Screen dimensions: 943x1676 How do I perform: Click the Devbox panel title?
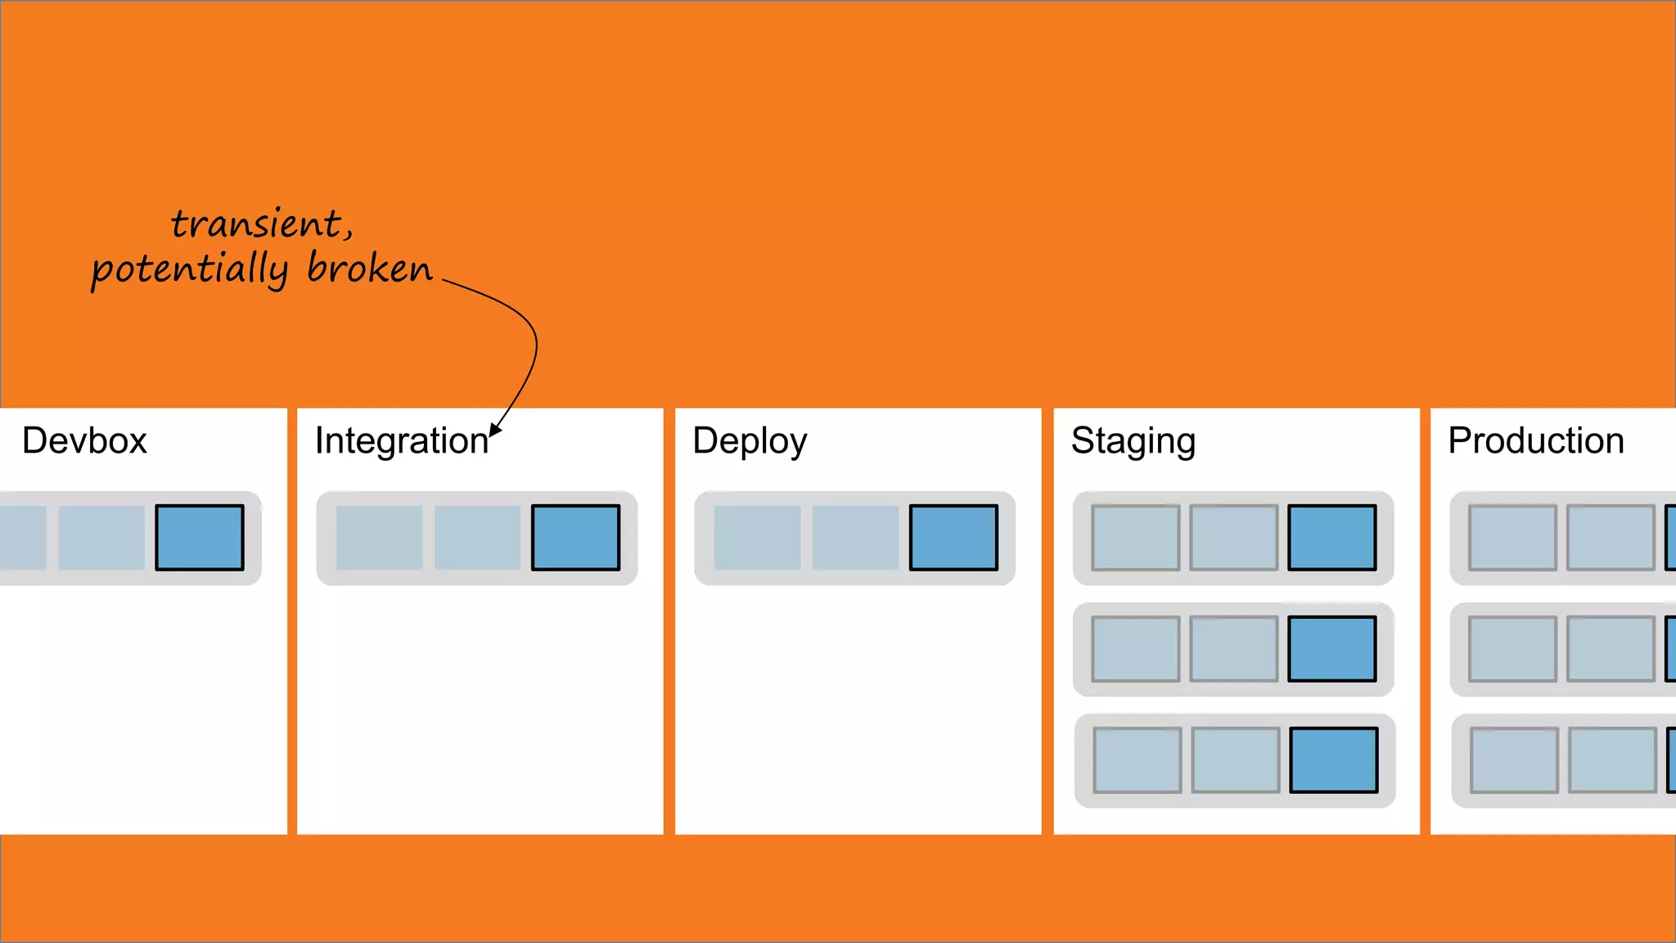click(84, 441)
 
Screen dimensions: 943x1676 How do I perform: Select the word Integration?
click(401, 441)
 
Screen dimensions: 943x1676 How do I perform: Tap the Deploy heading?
click(750, 441)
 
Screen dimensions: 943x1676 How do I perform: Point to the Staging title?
click(1133, 441)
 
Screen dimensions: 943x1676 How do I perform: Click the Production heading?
click(1536, 441)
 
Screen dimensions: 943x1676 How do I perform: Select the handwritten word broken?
click(370, 268)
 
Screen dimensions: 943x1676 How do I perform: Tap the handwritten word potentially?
click(190, 270)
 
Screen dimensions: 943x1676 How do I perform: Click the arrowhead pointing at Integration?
click(494, 431)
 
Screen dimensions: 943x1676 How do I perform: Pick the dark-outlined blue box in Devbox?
click(200, 538)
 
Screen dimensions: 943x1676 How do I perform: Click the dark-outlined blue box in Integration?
click(575, 538)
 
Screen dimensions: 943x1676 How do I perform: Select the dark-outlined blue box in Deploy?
click(953, 538)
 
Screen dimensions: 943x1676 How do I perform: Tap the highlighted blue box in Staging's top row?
click(1331, 538)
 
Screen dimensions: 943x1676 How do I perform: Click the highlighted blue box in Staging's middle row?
click(1331, 649)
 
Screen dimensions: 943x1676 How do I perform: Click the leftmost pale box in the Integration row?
click(379, 538)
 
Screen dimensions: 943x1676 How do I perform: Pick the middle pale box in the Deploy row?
click(855, 538)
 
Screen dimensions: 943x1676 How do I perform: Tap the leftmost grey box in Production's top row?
click(1512, 538)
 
